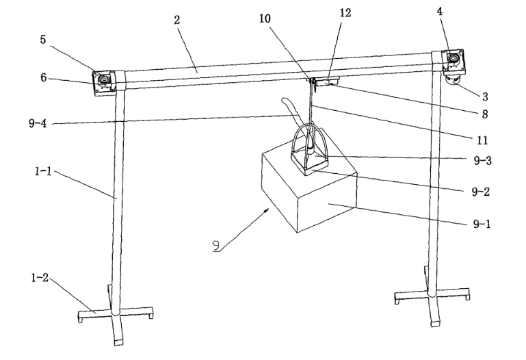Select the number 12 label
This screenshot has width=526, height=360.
coord(345,14)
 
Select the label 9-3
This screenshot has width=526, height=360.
coord(482,162)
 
